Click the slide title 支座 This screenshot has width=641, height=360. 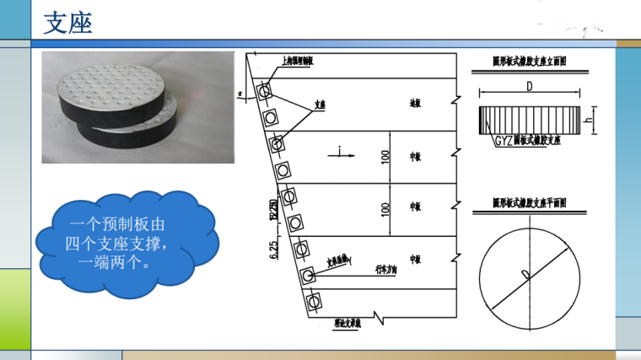(67, 23)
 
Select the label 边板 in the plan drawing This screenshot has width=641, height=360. (415, 104)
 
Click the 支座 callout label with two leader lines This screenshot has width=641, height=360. (318, 105)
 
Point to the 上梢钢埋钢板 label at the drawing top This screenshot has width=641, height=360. (297, 61)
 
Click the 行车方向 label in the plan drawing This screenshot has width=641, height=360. (386, 270)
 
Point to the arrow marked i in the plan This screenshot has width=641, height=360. (341, 153)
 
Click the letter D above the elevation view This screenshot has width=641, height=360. (529, 85)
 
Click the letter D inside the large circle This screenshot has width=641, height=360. (525, 273)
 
